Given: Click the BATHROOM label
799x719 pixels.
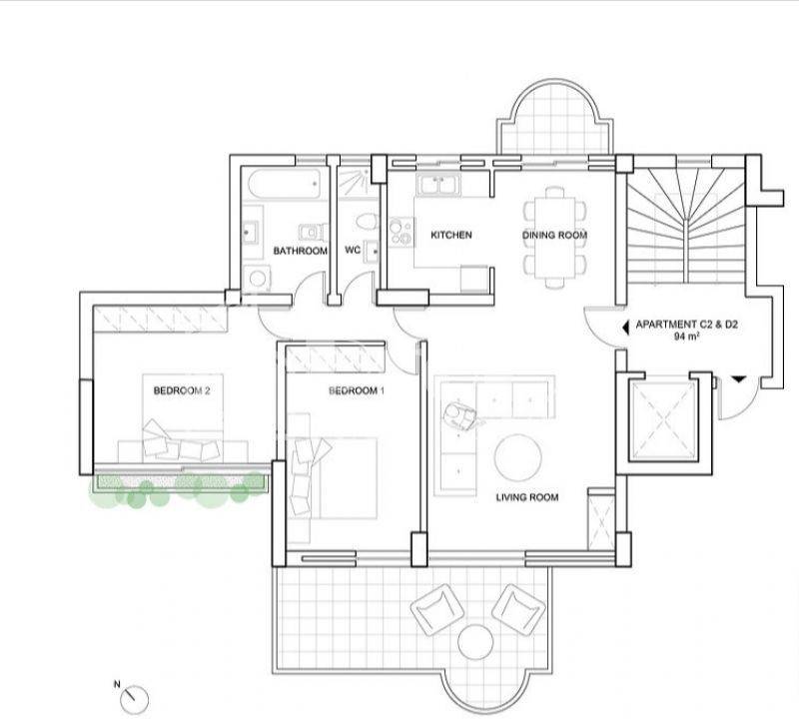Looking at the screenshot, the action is click(301, 251).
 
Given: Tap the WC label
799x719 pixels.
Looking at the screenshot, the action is click(353, 250).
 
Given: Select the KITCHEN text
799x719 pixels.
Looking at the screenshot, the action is click(451, 235).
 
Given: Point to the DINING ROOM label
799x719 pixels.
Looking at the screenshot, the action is click(555, 235).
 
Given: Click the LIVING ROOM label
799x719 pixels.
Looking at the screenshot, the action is click(527, 497).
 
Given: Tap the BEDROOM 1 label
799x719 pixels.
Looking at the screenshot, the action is click(357, 390).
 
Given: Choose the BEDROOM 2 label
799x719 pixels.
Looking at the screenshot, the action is click(182, 390).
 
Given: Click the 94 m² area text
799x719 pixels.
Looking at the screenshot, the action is click(686, 337).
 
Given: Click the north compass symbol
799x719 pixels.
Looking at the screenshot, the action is click(135, 699).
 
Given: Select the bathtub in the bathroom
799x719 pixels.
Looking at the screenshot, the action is click(285, 184).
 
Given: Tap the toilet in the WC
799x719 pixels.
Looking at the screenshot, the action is click(367, 222).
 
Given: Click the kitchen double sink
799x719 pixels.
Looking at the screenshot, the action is click(437, 185).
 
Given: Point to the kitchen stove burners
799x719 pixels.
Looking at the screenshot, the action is click(401, 232).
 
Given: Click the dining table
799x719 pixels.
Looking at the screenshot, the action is click(555, 238).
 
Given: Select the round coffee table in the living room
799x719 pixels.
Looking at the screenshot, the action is click(518, 457).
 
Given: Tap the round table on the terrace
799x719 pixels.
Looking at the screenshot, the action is click(475, 642).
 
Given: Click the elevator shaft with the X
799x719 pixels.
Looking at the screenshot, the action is click(663, 421).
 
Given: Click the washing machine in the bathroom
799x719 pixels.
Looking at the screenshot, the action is click(257, 279).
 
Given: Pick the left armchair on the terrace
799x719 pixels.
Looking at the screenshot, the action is click(437, 610).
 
